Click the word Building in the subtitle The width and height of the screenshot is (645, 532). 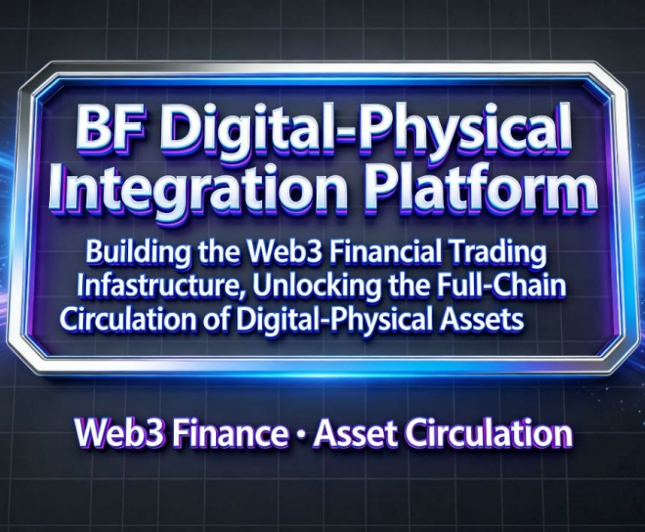(x=135, y=251)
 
